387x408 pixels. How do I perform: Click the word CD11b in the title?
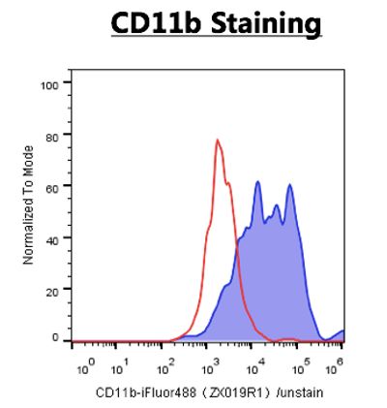156,23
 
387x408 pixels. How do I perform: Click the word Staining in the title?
266,25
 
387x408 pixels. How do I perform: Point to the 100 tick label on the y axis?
49,85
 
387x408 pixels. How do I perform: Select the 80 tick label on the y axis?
52,137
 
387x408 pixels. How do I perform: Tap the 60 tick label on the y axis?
52,188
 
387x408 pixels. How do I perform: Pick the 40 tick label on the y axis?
52,240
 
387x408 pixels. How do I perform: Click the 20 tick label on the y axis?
52,292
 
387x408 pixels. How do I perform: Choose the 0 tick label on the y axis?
55,337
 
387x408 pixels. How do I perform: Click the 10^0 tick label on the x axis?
86,366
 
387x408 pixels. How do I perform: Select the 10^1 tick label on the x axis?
120,366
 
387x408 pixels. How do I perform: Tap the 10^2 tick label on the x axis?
165,366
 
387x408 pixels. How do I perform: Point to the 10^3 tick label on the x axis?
210,366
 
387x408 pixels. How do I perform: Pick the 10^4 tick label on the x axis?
255,366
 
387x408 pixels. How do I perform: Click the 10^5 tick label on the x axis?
300,366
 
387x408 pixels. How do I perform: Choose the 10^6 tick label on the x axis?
334,366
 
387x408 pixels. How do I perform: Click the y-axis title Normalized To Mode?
28,205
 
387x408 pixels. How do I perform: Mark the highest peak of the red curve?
218,140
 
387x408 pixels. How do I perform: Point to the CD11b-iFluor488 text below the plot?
146,392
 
